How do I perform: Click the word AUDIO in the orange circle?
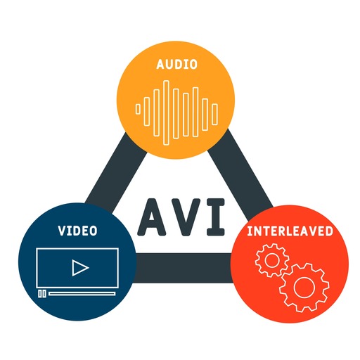coord(176,65)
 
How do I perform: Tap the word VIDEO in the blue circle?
coord(77,231)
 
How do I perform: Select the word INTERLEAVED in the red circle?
coord(290,231)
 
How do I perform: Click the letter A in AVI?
coord(152,217)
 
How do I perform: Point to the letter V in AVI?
coord(185,217)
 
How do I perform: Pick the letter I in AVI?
coord(216,217)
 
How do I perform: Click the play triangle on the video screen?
coord(80,267)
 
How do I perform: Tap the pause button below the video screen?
coord(42,294)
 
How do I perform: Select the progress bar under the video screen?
coord(82,294)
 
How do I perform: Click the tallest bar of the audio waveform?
coord(166,112)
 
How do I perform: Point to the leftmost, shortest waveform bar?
coord(138,110)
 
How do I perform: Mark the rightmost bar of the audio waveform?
coord(214,114)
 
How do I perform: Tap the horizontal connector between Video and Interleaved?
coord(184,268)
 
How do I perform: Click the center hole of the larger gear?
coord(304,288)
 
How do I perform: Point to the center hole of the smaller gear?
coord(272,260)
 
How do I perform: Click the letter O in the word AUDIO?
coord(193,65)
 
